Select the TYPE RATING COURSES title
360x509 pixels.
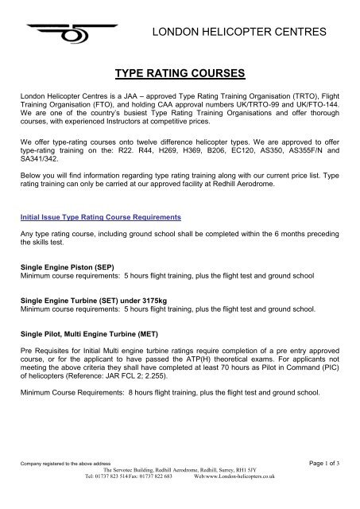pos(180,76)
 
